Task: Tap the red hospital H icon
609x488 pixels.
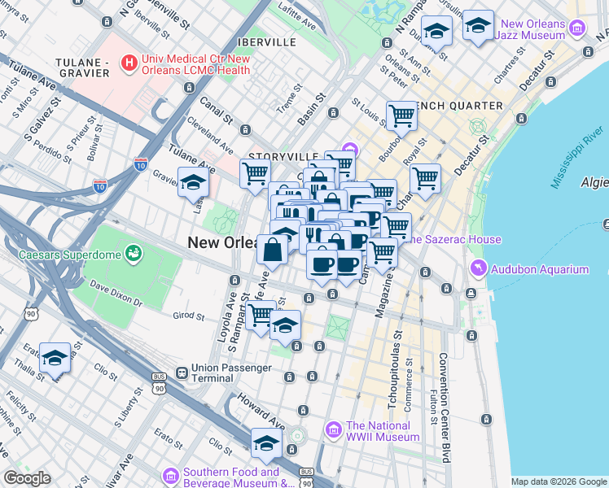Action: point(128,62)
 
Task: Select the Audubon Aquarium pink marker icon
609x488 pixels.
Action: point(477,269)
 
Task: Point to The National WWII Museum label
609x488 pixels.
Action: point(383,430)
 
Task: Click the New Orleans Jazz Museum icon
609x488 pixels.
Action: point(578,29)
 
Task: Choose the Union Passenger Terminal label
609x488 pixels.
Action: point(231,373)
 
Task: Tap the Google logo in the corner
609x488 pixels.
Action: point(26,478)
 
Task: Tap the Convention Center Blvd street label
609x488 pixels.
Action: point(445,407)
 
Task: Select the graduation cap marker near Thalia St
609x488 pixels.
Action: point(55,357)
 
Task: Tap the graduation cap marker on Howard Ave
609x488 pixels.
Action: point(266,443)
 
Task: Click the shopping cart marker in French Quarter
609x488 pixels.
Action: point(401,115)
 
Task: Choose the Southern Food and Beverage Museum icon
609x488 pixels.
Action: point(171,475)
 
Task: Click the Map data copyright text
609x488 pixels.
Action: point(559,481)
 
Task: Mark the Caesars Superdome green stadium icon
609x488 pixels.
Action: point(132,254)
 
